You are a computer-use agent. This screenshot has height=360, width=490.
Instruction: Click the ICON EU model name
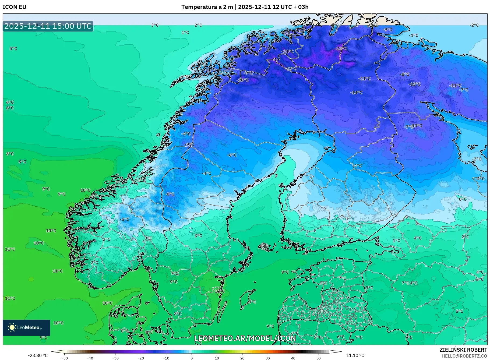click(x=15, y=7)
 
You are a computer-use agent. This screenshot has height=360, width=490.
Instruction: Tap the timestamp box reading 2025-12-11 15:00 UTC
click(x=48, y=26)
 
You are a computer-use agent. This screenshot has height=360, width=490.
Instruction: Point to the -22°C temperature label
click(x=341, y=49)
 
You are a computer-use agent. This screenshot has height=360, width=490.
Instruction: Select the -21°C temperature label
click(x=288, y=51)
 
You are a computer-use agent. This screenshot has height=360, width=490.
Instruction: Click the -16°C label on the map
click(x=242, y=80)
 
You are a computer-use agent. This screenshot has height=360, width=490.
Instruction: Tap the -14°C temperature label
click(x=356, y=93)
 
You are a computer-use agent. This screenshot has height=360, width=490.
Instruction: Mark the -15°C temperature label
click(x=414, y=84)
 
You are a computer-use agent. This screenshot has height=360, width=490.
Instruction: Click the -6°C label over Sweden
click(x=232, y=155)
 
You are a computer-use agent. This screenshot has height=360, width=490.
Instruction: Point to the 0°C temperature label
click(x=463, y=199)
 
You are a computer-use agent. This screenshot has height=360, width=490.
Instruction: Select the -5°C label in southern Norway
click(x=125, y=220)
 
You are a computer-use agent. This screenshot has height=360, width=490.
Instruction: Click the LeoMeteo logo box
click(x=26, y=327)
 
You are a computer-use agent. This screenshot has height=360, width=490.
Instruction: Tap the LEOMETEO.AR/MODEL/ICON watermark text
click(x=245, y=338)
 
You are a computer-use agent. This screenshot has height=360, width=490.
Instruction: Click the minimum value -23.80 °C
click(x=38, y=355)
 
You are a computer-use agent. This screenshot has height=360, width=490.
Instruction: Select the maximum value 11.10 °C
click(x=355, y=355)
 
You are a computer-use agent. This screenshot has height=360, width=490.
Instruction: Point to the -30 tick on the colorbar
click(x=115, y=358)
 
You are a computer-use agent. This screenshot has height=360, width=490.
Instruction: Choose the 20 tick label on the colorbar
click(x=242, y=358)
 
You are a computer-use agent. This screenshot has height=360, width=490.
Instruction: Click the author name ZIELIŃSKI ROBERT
click(x=463, y=350)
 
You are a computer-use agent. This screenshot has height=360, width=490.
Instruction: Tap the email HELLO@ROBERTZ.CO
click(x=464, y=356)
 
